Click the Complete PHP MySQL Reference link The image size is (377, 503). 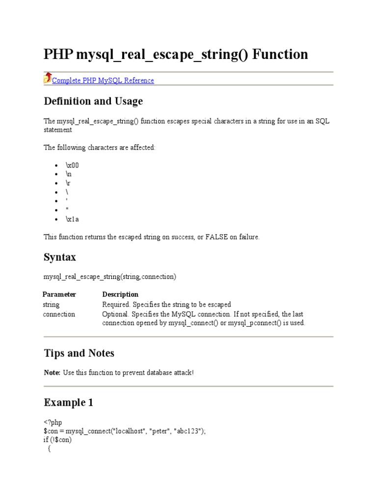click(103, 81)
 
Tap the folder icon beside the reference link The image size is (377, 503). click(48, 78)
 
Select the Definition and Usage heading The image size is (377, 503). click(93, 101)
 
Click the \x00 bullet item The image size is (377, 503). click(72, 166)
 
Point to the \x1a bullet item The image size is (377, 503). click(72, 219)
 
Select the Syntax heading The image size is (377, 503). click(60, 257)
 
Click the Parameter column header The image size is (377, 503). click(59, 294)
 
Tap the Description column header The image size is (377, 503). click(120, 294)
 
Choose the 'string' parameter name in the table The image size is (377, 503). click(51, 305)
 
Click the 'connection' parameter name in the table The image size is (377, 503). click(59, 314)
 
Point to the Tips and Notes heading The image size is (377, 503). click(79, 353)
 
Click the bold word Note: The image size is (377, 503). click(52, 373)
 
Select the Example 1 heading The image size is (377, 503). click(69, 403)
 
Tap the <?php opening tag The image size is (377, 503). click(53, 422)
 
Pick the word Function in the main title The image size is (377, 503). click(280, 54)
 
